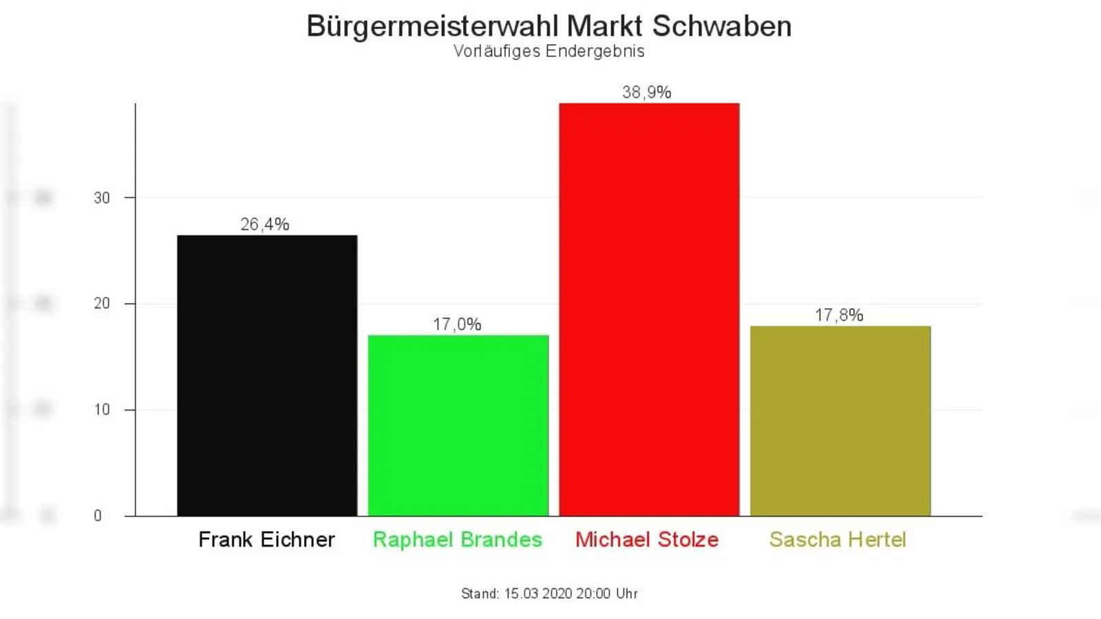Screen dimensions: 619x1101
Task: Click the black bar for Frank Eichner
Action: (x=267, y=376)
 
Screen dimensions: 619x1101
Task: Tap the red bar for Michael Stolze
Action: (x=649, y=309)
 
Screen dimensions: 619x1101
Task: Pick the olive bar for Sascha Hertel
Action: (x=840, y=421)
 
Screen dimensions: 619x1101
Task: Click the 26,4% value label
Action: (x=265, y=224)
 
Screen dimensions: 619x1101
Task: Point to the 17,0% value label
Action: (x=457, y=324)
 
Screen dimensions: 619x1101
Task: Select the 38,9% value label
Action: (x=647, y=92)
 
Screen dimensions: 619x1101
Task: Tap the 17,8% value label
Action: (x=839, y=315)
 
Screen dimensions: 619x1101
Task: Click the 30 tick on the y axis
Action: (x=102, y=198)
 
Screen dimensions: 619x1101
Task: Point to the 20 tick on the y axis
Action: (x=102, y=304)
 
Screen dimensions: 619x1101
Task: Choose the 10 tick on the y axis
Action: (x=102, y=410)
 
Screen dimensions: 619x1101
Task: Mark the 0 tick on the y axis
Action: (x=98, y=516)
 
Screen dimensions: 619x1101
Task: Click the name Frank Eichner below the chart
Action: (x=267, y=540)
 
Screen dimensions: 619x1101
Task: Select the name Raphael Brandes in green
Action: (x=458, y=540)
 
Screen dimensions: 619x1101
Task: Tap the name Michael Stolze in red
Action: (x=647, y=540)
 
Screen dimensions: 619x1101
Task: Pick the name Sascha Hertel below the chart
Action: (x=837, y=540)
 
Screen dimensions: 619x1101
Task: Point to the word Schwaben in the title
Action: (x=722, y=26)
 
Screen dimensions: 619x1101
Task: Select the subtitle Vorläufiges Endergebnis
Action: (x=549, y=51)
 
